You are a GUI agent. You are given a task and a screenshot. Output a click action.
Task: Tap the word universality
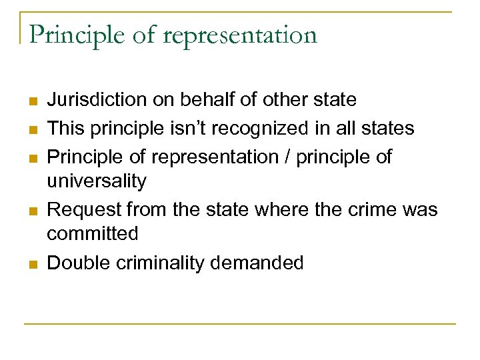(97, 181)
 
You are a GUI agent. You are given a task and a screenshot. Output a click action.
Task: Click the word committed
(93, 234)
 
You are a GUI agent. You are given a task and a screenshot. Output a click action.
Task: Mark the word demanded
(257, 263)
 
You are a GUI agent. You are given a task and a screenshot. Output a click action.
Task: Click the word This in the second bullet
(65, 128)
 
